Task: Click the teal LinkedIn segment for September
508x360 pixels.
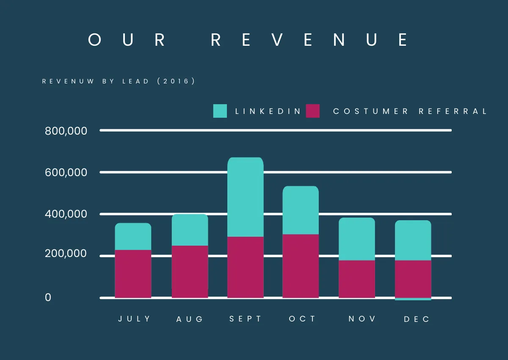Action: (245, 197)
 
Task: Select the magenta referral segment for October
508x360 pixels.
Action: (301, 266)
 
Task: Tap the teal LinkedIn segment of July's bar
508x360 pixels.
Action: (133, 236)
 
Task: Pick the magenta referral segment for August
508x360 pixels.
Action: (190, 271)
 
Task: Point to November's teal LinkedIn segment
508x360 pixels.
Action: (357, 239)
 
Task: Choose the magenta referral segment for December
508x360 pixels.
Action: (413, 279)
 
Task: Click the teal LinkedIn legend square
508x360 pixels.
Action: (220, 111)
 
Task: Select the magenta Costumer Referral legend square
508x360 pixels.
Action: (312, 111)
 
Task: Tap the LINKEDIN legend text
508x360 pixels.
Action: (268, 111)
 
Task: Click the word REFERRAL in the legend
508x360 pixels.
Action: (453, 111)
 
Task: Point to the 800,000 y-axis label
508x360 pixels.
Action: (66, 131)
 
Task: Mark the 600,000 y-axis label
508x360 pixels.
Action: (66, 172)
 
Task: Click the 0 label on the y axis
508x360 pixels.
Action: (48, 298)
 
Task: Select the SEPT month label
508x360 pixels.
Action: (246, 319)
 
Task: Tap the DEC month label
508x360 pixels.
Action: (417, 319)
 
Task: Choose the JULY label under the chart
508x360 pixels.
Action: (134, 319)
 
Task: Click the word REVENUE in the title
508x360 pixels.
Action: (309, 40)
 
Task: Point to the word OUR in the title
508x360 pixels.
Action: (127, 40)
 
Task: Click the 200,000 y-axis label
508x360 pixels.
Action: (66, 254)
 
